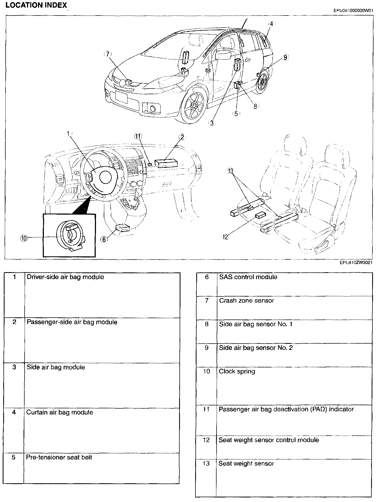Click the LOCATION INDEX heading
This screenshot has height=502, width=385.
click(36, 5)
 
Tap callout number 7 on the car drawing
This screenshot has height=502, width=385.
click(107, 54)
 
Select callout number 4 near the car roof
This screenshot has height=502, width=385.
click(271, 24)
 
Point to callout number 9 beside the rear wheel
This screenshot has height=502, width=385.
click(285, 58)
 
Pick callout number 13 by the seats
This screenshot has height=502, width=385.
click(231, 171)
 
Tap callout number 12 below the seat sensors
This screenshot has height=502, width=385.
click(225, 237)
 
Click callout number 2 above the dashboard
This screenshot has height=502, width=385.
click(182, 137)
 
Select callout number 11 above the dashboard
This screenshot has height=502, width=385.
click(138, 136)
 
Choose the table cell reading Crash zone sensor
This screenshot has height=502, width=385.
click(247, 301)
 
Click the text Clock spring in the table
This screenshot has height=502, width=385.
click(237, 371)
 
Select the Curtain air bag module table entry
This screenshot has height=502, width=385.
click(60, 412)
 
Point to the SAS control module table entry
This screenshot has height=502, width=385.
click(248, 277)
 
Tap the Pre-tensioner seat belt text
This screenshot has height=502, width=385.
click(59, 457)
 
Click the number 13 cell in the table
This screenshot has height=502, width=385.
click(206, 463)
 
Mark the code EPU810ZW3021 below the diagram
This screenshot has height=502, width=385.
click(356, 263)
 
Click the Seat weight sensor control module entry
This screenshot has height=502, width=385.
click(269, 440)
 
